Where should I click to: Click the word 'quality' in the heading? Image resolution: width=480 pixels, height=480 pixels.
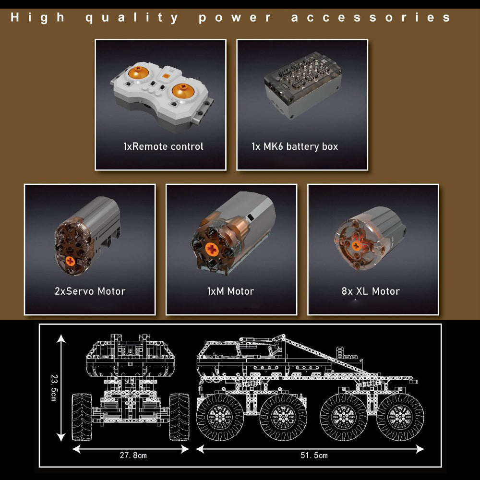click(x=132, y=18)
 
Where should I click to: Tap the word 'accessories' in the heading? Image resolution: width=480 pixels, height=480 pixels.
click(x=371, y=17)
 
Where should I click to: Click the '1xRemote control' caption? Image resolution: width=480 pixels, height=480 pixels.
click(x=163, y=146)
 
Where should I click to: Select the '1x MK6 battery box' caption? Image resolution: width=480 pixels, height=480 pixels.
click(x=295, y=146)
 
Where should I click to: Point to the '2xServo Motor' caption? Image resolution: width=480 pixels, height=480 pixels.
click(x=90, y=291)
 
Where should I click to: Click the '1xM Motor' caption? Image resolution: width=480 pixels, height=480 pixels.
click(x=230, y=291)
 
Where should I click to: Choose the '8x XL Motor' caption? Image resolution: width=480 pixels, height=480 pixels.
click(x=371, y=291)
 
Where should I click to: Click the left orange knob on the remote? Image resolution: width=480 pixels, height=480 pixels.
click(x=138, y=73)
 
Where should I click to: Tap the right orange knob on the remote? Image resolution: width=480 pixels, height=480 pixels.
click(x=183, y=91)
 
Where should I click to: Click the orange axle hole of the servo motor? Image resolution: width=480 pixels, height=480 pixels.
click(x=70, y=261)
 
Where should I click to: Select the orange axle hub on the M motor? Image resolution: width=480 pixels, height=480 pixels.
click(x=212, y=249)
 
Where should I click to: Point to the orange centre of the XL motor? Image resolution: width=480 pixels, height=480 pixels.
click(x=356, y=245)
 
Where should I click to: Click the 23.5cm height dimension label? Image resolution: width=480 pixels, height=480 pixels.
click(x=54, y=387)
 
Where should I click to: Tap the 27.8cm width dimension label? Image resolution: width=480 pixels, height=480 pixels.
click(x=133, y=455)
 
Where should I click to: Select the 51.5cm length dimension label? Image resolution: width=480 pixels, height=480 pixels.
click(x=314, y=455)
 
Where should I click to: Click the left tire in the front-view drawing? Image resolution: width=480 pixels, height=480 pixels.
click(x=82, y=417)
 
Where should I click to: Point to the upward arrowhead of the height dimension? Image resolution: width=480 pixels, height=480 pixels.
click(x=61, y=338)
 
